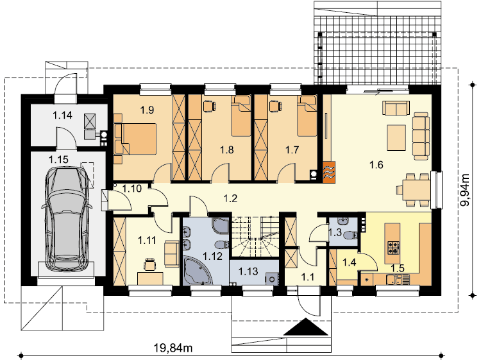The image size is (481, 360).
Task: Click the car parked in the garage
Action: (x=67, y=219)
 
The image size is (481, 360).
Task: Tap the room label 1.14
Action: (x=63, y=116)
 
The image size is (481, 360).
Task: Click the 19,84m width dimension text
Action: (x=173, y=348)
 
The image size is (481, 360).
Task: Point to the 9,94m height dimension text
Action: (x=466, y=191)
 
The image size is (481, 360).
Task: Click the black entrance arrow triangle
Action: (x=306, y=327)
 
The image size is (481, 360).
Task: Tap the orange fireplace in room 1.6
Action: (x=329, y=172)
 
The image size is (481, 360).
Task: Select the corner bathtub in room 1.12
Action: (x=198, y=270)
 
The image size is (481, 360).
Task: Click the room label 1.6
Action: (x=376, y=165)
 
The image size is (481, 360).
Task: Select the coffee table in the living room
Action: (x=396, y=137)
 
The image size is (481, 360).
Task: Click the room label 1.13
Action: (x=248, y=271)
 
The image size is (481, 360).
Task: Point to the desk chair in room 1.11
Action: (x=149, y=264)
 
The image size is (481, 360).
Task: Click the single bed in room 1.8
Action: (x=240, y=116)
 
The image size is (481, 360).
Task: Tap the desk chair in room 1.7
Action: (x=276, y=106)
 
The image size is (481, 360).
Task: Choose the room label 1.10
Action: (x=132, y=189)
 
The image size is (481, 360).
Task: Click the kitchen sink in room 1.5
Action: (x=394, y=280)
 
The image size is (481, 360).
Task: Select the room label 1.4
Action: (x=349, y=262)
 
